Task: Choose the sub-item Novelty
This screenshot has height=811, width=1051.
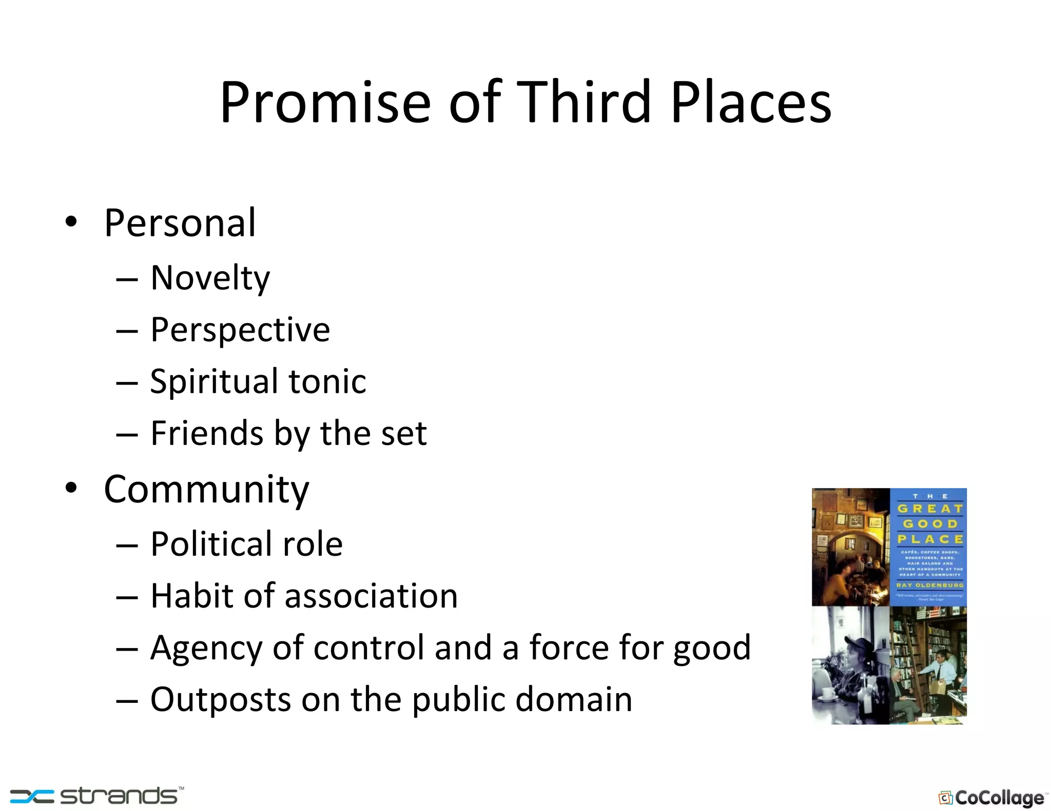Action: click(x=210, y=278)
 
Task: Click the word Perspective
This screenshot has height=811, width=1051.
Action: click(x=240, y=330)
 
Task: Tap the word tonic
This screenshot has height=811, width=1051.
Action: click(x=327, y=381)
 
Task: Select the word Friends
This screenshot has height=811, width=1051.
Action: click(x=207, y=433)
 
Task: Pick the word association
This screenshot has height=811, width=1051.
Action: click(x=371, y=596)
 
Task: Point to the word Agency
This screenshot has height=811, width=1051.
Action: click(x=206, y=648)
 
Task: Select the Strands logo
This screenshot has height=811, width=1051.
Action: click(x=96, y=796)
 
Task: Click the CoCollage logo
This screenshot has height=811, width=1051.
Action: click(x=991, y=798)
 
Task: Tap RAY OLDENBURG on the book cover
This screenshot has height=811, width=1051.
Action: click(x=930, y=585)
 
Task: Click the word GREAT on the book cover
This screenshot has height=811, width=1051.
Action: click(x=930, y=509)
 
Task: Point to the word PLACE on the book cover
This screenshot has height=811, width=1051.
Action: click(x=930, y=539)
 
